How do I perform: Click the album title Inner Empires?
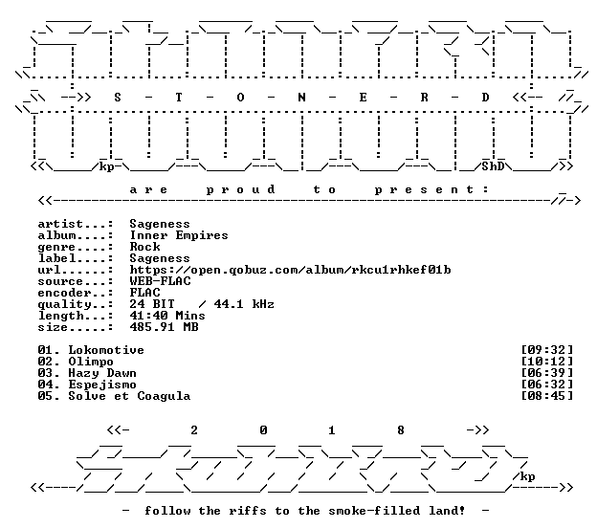click(x=179, y=235)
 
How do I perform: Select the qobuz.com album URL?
click(x=290, y=270)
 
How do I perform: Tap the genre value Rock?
click(x=144, y=247)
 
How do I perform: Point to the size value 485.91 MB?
click(x=164, y=327)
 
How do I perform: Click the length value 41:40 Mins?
click(x=167, y=316)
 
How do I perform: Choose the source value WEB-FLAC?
click(x=160, y=281)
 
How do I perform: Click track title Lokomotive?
click(x=106, y=350)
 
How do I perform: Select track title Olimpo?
click(x=91, y=362)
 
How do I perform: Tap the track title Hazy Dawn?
click(x=102, y=373)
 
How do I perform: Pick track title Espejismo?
click(x=102, y=385)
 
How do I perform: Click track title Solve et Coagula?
click(x=129, y=396)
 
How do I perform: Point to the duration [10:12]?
click(x=546, y=362)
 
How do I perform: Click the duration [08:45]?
click(x=546, y=396)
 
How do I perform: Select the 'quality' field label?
click(x=65, y=304)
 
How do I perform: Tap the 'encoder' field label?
click(x=65, y=293)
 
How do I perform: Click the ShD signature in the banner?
click(x=493, y=166)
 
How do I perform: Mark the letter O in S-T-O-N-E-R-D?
click(x=240, y=98)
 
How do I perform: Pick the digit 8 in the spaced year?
click(x=401, y=430)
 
